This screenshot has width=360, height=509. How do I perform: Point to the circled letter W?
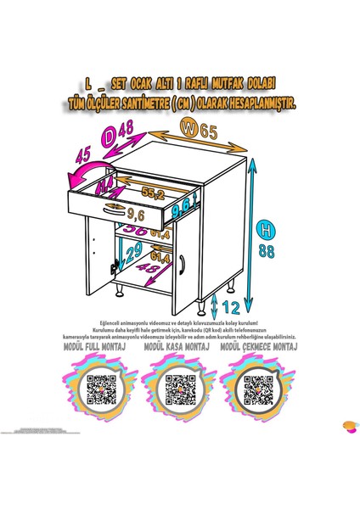[x=188, y=129]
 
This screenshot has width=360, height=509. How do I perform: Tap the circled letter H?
[x=267, y=229]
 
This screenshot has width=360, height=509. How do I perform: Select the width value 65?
[x=209, y=131]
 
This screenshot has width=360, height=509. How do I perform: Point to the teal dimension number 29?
[x=110, y=252]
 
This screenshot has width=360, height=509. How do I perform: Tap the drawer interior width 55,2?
[x=153, y=194]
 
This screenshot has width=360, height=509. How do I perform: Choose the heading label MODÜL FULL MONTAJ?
[x=98, y=347]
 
